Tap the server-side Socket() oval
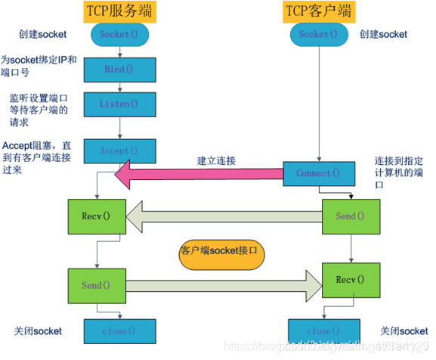pyautogui.click(x=119, y=34)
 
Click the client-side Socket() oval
pyautogui.click(x=314, y=34)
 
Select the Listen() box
pyautogui.click(x=119, y=104)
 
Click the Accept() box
pyautogui.click(x=119, y=151)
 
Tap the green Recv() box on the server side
pyautogui.click(x=96, y=216)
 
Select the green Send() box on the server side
pyautogui.click(x=96, y=286)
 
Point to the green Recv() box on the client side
pyautogui.click(x=350, y=280)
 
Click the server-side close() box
pyautogui.click(x=119, y=331)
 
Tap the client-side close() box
pyautogui.click(x=317, y=331)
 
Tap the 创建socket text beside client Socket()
pyautogui.click(x=383, y=34)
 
